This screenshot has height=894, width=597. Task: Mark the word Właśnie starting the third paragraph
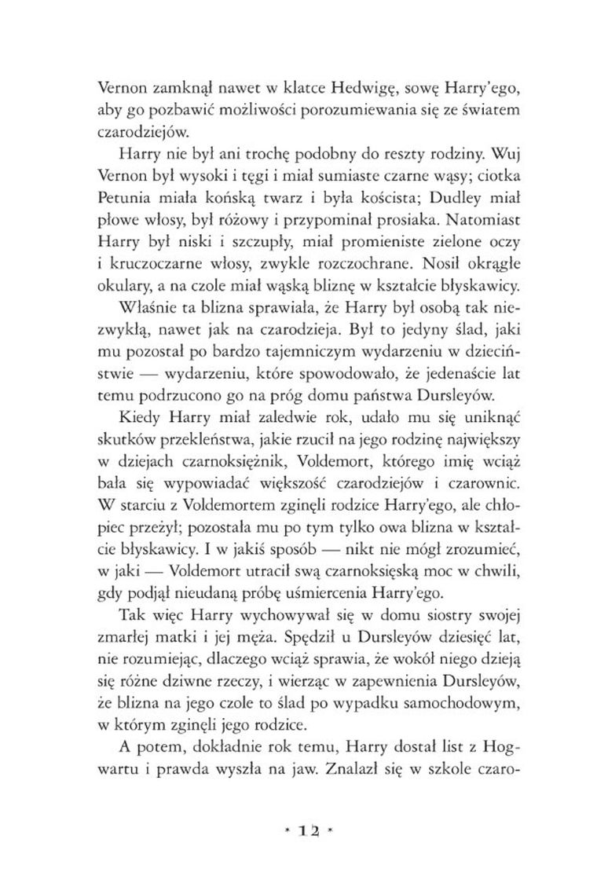click(x=134, y=302)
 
